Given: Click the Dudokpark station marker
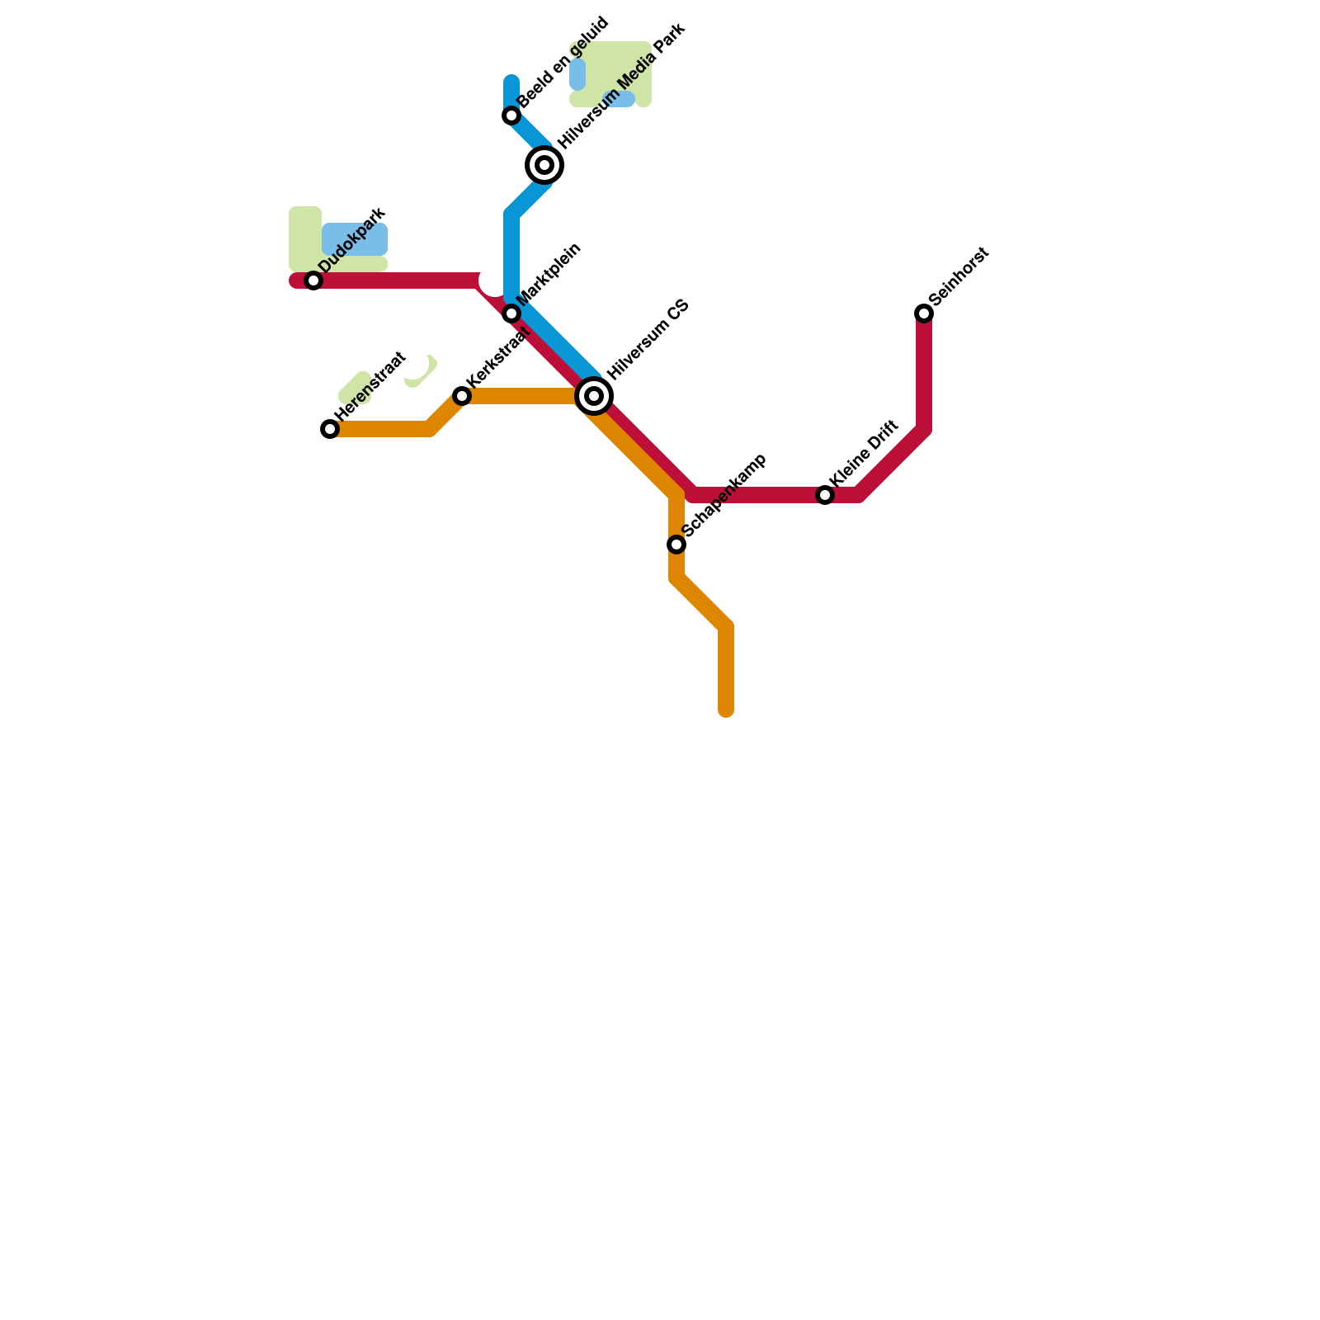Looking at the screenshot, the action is coord(313,280).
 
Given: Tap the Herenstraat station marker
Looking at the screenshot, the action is coord(330,429).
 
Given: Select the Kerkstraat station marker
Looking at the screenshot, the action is coord(462,396).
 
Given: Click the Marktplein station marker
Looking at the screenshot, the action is coord(511,313).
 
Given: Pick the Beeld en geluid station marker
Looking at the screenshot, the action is coord(511,115).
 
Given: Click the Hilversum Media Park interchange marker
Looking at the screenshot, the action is coord(544,165).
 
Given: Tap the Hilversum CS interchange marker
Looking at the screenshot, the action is coord(594,396).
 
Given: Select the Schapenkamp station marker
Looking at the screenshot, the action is coord(676,544).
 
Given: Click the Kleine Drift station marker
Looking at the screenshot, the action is coord(825,495).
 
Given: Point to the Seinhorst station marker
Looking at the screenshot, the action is coord(924,313).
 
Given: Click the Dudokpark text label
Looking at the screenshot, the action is coord(352,239).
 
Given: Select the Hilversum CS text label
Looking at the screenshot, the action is coord(648,339).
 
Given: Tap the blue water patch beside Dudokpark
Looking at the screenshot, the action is coord(355,239).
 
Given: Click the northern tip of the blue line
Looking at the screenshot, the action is coord(511,80).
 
